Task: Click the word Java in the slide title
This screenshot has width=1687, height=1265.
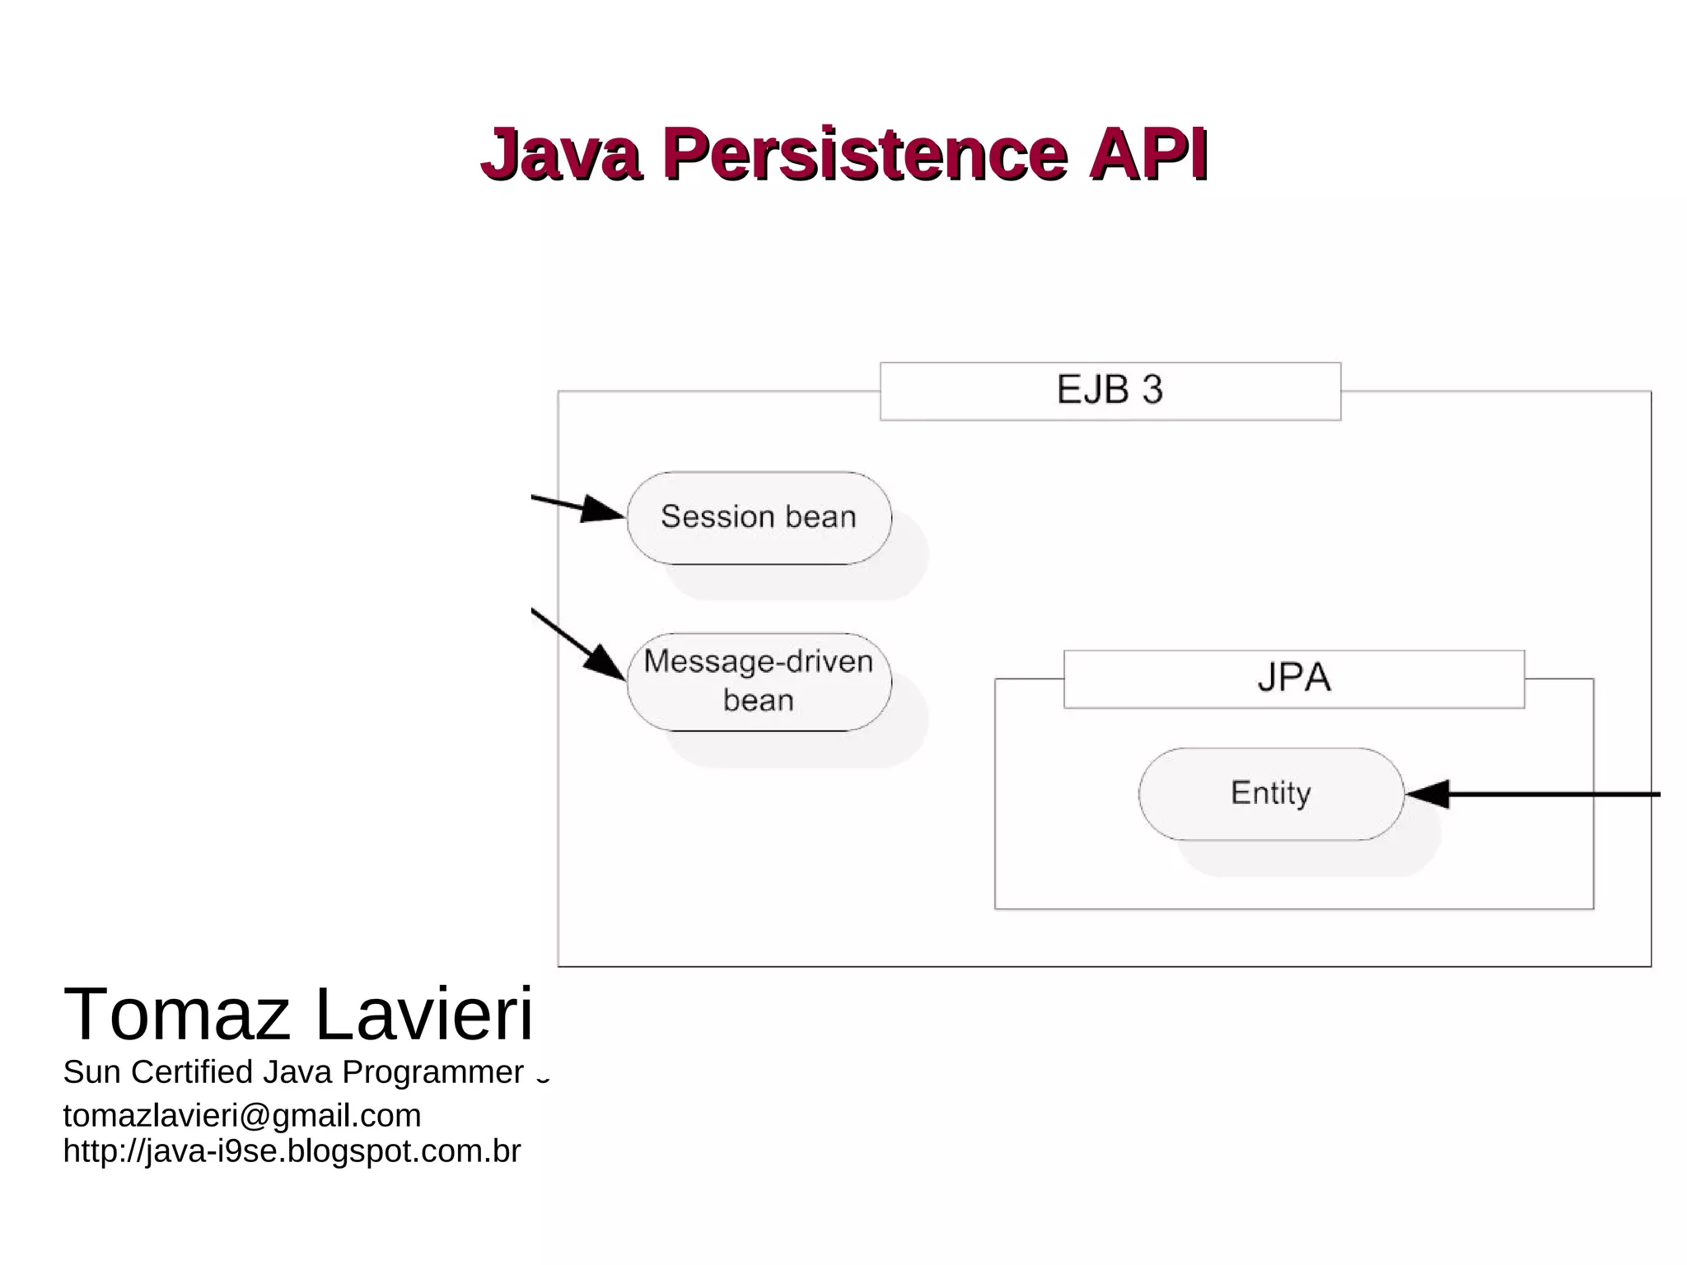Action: click(x=560, y=154)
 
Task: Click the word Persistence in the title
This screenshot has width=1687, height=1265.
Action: click(x=865, y=154)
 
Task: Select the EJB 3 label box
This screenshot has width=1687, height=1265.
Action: click(x=1110, y=391)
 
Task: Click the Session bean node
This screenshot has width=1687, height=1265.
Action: click(x=759, y=517)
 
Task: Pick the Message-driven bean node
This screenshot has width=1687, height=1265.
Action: click(x=759, y=681)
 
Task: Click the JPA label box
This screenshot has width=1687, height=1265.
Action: click(x=1293, y=679)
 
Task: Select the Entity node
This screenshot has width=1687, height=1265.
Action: click(x=1270, y=793)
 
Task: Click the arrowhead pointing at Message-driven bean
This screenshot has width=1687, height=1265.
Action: click(x=606, y=663)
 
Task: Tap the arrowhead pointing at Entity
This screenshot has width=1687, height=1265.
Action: click(x=1427, y=794)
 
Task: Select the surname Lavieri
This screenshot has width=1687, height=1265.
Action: click(x=423, y=1014)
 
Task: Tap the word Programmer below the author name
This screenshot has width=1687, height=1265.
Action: click(x=433, y=1072)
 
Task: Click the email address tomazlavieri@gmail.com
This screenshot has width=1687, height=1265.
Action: click(x=242, y=1116)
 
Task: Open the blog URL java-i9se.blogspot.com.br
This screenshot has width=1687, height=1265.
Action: click(x=292, y=1151)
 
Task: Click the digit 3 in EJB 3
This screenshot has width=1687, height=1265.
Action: click(x=1152, y=390)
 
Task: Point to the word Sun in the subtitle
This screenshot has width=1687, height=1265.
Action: click(x=92, y=1072)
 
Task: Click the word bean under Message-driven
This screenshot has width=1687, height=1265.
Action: click(x=759, y=701)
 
